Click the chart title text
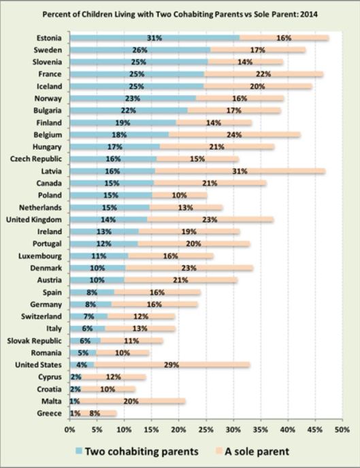point(180,13)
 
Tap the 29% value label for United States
point(171,365)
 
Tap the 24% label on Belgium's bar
point(216,135)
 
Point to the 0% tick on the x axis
point(69,430)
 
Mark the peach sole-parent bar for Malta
point(136,401)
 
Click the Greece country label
point(50,413)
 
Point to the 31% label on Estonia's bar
point(154,38)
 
